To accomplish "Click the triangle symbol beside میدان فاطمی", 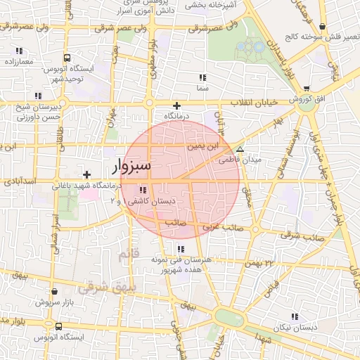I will click(x=240, y=150).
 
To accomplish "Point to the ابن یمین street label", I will click(x=204, y=147).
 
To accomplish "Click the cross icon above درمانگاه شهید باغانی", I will click(x=86, y=174).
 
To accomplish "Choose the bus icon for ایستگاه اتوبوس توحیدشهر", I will click(x=66, y=58).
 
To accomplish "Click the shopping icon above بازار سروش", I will click(x=55, y=291).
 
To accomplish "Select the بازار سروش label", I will click(x=53, y=302).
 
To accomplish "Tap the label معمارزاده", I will click(x=18, y=62).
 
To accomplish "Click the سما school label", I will click(x=203, y=89).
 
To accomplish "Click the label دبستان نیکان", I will click(x=297, y=328).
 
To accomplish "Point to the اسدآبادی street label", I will click(x=19, y=181).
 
